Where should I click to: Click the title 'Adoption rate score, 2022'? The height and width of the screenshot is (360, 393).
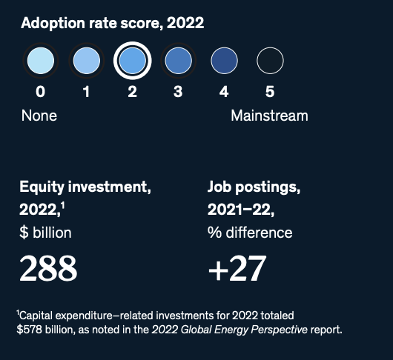click(112, 23)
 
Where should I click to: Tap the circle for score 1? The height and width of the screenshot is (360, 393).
click(86, 61)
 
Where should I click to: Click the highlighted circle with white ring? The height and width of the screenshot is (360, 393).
click(132, 61)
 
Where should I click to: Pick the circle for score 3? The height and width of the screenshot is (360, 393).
click(178, 61)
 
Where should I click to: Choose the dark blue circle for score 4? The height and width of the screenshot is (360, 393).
click(224, 61)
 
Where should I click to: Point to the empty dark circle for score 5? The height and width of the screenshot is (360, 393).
click(270, 61)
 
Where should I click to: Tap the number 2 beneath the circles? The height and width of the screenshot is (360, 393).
click(132, 93)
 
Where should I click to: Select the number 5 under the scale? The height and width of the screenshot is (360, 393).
click(270, 93)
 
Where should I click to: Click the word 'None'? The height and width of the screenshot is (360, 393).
click(39, 116)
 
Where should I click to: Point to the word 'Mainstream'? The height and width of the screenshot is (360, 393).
click(269, 116)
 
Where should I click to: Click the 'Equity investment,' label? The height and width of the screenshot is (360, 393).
click(85, 187)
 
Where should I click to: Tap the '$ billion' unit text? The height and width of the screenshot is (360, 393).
click(46, 233)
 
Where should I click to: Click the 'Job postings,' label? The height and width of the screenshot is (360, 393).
click(253, 187)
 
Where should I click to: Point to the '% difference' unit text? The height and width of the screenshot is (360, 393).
click(250, 233)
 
